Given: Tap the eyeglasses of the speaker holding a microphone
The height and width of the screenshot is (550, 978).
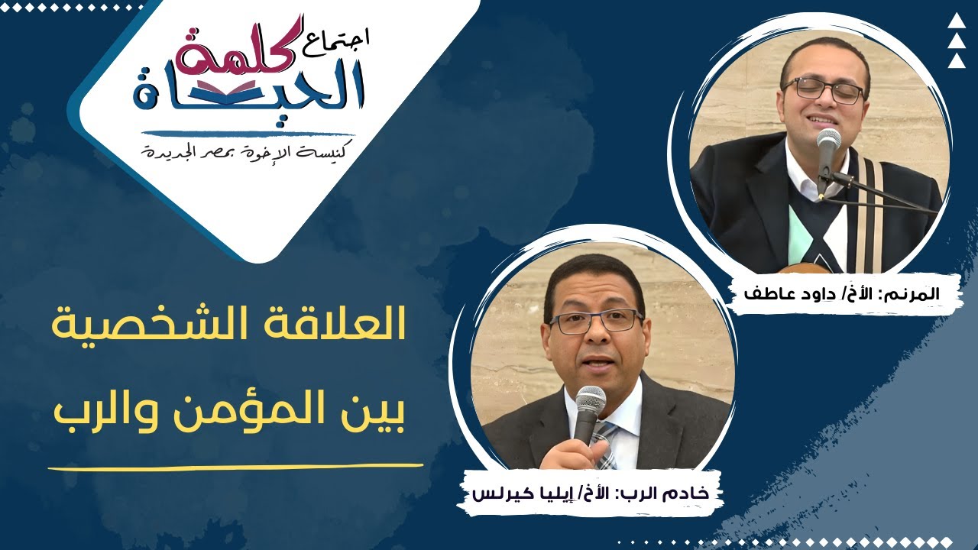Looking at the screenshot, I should [x=595, y=321].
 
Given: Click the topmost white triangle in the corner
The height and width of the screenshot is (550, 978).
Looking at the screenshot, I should [x=957, y=22].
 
